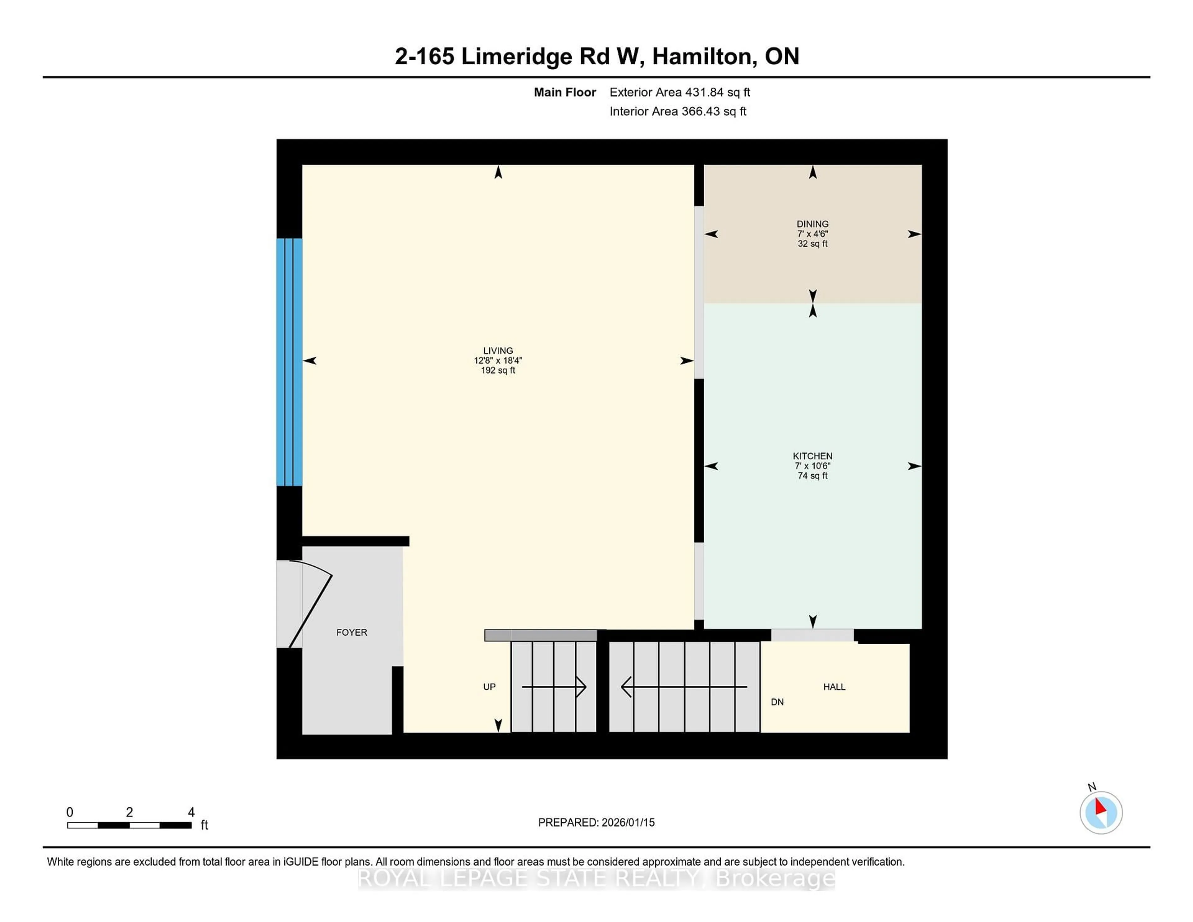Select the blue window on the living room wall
pos(289,362)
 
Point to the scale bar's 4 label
pos(191,812)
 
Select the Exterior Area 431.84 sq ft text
pos(679,92)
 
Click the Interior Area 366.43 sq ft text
pos(677,112)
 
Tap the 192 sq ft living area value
pos(498,370)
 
